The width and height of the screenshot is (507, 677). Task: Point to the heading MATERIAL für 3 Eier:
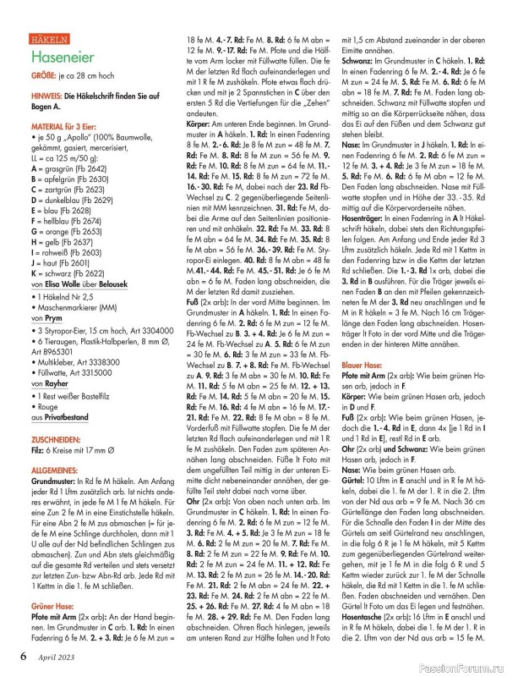point(68,125)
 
